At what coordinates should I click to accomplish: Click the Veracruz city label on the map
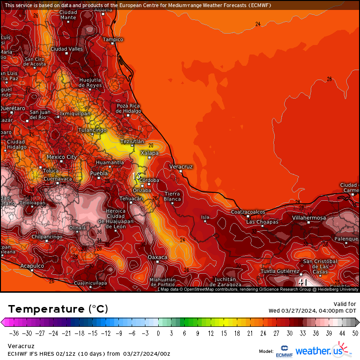[181, 167]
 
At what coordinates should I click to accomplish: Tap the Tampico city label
[113, 39]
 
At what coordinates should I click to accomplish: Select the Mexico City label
[62, 157]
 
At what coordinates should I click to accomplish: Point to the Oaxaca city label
[158, 257]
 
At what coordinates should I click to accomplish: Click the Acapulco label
[32, 266]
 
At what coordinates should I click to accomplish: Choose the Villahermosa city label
[309, 218]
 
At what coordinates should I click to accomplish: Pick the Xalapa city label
[150, 153]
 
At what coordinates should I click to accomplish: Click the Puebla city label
[99, 173]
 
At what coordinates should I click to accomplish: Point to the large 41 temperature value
[303, 282]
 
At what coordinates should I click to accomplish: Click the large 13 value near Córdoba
[136, 176]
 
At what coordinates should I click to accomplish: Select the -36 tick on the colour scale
[14, 333]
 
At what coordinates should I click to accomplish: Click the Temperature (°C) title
[58, 309]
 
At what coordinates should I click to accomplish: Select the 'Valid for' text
[345, 304]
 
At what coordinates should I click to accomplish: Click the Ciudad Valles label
[67, 49]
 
